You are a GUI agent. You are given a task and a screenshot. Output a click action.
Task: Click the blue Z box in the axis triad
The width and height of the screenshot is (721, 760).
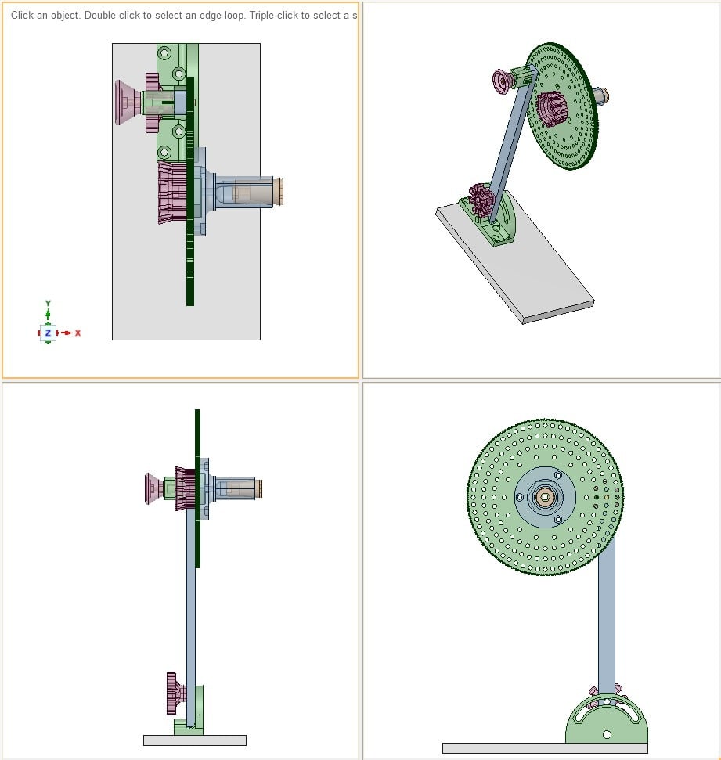[48, 333]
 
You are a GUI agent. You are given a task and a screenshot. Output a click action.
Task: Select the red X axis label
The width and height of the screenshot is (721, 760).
[78, 333]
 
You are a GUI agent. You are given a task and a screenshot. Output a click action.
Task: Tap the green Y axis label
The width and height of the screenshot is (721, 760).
[48, 303]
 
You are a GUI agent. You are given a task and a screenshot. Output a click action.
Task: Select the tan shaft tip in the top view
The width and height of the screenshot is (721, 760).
[278, 192]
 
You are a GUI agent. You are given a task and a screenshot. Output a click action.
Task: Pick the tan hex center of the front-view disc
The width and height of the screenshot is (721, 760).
[545, 496]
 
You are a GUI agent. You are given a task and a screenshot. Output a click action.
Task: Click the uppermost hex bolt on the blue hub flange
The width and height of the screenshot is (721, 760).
[557, 475]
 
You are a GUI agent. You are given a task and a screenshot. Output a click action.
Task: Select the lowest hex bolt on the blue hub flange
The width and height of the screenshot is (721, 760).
[557, 519]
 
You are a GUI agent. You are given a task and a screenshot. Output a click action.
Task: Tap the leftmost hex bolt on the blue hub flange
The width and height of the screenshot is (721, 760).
[519, 497]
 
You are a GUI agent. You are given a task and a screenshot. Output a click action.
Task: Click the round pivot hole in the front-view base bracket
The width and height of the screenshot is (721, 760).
[607, 734]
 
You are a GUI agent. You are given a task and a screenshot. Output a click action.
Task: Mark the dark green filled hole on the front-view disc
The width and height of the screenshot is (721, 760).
[597, 496]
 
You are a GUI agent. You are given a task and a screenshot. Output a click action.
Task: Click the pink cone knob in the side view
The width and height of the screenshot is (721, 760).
[153, 488]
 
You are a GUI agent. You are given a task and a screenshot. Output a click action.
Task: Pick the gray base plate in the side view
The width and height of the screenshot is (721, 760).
[194, 740]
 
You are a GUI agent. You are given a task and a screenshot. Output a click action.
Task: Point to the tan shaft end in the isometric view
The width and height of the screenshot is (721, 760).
[603, 95]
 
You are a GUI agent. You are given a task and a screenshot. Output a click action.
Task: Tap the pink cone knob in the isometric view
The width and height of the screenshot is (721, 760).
[499, 79]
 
